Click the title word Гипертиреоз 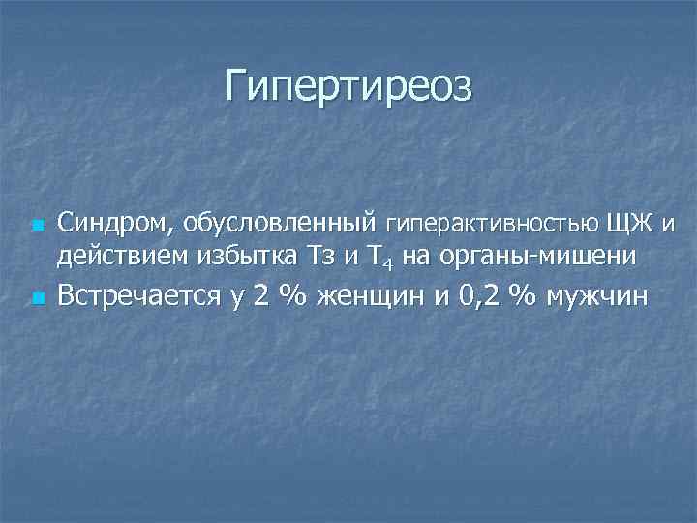point(348,86)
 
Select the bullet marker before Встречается point(35,296)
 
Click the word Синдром point(110,225)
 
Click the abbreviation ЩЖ point(628,225)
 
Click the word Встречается point(139,294)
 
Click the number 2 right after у point(259,294)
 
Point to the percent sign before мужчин point(524,294)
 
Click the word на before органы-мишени point(425,258)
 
